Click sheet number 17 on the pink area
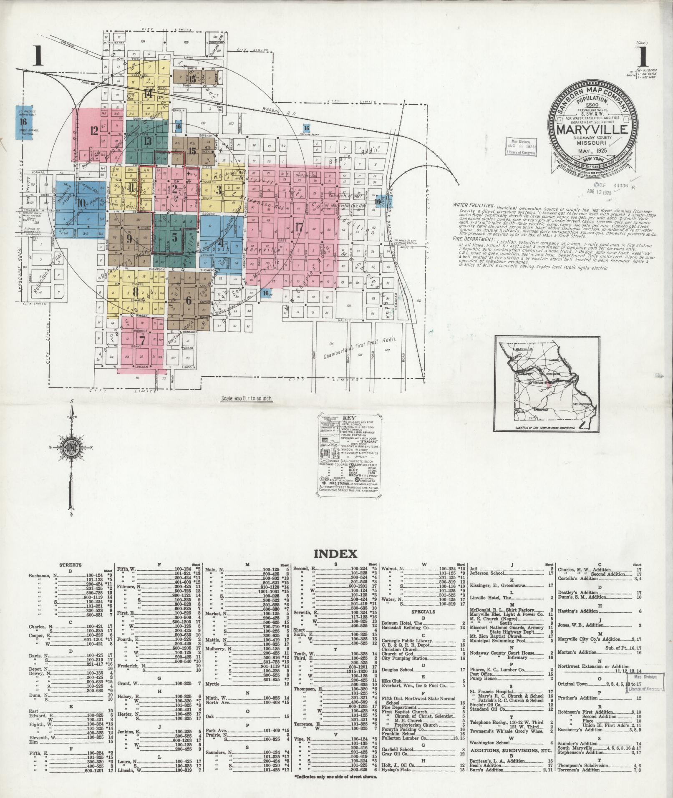click(299, 227)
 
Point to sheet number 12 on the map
click(93, 131)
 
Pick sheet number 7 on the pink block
click(143, 340)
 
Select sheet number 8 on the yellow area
click(135, 291)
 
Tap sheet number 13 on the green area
click(147, 141)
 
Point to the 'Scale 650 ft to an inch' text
click(246, 398)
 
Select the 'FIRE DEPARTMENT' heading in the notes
click(473, 239)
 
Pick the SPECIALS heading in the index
click(423, 612)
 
